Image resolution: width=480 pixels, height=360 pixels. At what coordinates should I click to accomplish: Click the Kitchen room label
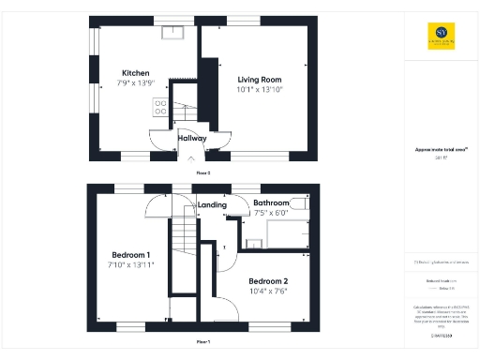tap(136, 73)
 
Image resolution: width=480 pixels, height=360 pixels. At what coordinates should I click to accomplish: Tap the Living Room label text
tap(260, 80)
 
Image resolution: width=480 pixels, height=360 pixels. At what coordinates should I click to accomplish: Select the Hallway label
tap(191, 138)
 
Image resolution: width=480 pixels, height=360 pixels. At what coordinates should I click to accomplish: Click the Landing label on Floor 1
tap(211, 204)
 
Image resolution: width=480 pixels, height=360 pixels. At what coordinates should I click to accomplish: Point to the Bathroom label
tap(272, 202)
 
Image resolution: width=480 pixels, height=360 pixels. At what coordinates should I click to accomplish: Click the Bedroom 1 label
tap(131, 255)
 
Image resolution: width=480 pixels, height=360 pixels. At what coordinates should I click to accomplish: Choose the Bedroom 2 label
tap(267, 281)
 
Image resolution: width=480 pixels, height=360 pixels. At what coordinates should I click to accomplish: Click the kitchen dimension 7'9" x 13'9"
tap(136, 84)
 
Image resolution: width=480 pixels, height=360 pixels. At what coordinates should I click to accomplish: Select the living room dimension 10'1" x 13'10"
tap(260, 90)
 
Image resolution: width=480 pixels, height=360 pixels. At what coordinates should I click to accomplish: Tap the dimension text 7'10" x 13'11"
tap(131, 265)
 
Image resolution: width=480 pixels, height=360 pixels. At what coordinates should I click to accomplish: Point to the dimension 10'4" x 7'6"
tap(267, 292)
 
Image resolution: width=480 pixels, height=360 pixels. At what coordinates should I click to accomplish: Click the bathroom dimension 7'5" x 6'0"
tap(272, 213)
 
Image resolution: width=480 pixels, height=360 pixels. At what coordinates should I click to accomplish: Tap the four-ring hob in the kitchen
tap(160, 108)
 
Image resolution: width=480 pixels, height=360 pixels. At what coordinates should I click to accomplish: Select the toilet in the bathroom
tap(298, 202)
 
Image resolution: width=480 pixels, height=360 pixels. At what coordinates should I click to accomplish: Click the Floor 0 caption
tap(202, 172)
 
